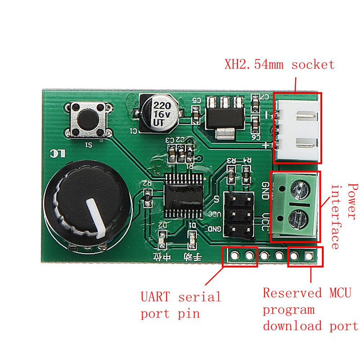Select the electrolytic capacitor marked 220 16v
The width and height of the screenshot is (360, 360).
pos(160,113)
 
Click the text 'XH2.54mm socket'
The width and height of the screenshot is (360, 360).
pos(279,64)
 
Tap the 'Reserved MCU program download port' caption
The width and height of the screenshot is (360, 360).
pos(310,310)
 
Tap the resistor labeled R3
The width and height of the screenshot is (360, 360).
pos(231,174)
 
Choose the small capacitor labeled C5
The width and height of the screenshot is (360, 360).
pos(196,117)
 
